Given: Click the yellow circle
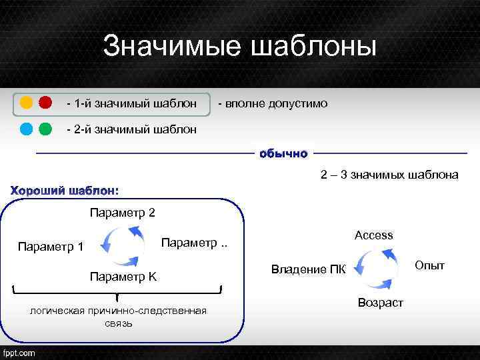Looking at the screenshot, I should tap(26, 103).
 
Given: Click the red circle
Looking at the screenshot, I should tap(45, 103).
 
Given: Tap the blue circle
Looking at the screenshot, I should tap(26, 129).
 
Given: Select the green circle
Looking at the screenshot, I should tap(45, 129).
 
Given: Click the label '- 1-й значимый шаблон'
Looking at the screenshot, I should tap(131, 104).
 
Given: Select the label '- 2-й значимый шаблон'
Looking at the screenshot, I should tap(131, 129).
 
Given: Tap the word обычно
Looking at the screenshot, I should tap(283, 154).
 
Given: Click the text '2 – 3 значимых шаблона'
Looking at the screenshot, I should tap(389, 175).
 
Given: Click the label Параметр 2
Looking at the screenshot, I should tap(122, 213).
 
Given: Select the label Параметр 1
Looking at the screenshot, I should tap(51, 247).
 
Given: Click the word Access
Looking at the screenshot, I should tap(374, 235).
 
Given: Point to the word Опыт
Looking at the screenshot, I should tap(429, 265).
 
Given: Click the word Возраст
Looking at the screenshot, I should tap(381, 303).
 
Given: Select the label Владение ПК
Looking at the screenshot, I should tap(309, 270).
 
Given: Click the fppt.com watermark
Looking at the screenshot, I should tap(20, 353).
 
